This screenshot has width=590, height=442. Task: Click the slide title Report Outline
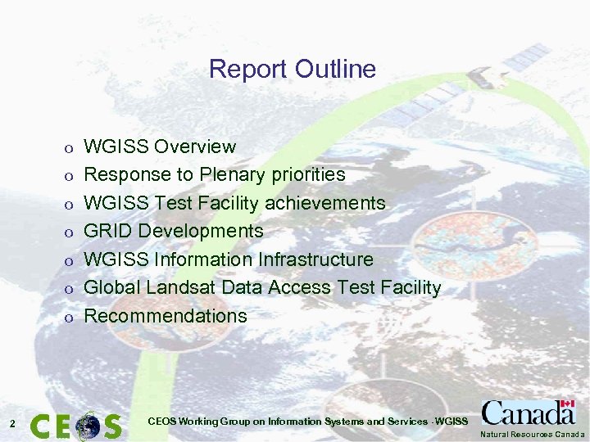293,69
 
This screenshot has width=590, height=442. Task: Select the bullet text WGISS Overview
161,147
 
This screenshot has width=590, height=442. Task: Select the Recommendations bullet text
166,316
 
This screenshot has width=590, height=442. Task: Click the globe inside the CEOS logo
86,426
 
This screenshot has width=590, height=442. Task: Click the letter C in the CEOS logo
41,426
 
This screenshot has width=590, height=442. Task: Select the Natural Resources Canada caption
533,435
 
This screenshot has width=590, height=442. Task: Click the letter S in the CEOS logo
111,426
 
